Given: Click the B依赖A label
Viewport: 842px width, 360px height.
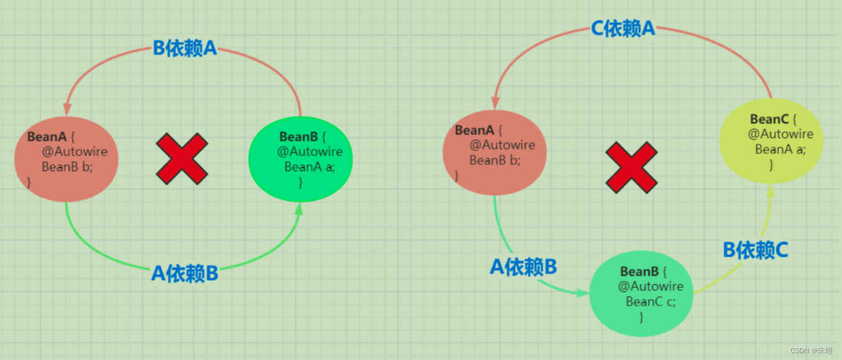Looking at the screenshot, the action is pos(185,48).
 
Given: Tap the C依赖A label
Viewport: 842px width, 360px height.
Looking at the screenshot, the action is pos(623,29).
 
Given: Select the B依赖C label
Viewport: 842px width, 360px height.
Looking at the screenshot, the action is pos(755,250).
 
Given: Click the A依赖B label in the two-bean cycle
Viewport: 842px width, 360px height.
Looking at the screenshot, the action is pos(185,274).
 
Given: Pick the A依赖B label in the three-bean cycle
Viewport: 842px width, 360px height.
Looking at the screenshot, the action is pos(523,267).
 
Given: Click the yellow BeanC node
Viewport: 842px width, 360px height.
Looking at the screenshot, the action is pos(771,142).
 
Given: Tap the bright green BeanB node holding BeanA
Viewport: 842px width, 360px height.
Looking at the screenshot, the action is pos(301,158).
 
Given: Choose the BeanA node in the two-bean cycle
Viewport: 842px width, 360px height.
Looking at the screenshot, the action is pos(66,159).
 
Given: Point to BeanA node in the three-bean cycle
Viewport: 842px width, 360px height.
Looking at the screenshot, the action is pos(495,152).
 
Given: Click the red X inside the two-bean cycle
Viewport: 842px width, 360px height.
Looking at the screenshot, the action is pos(181,158).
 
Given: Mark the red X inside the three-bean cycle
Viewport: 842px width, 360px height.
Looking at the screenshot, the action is pos(631,166).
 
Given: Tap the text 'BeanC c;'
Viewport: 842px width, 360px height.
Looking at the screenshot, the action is pos(651,302).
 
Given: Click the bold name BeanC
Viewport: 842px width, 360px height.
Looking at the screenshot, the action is pos(769,119).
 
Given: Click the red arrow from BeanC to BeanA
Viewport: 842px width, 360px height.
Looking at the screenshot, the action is pos(733,47).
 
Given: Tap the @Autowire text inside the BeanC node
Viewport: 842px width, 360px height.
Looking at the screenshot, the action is pos(780,134).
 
